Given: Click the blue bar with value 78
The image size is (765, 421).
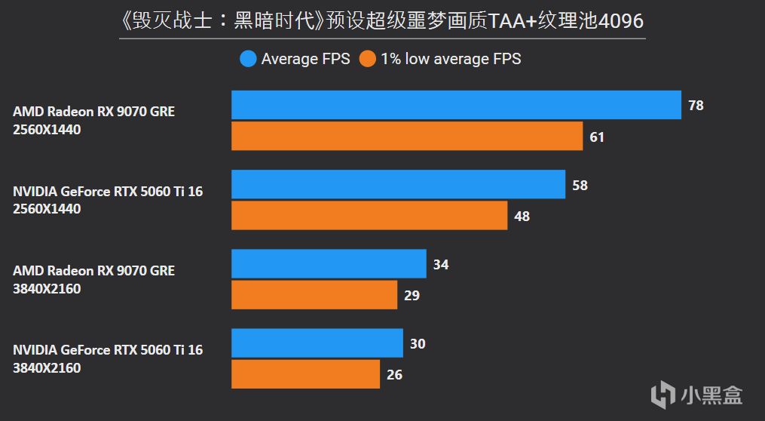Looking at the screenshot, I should coord(456,105).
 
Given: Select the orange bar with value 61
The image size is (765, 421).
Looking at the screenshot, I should coord(407,137).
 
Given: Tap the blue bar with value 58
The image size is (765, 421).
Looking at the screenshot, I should coord(398,184).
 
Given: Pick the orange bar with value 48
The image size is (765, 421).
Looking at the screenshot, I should coord(369,216).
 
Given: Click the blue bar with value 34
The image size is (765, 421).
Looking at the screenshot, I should coord(329,264).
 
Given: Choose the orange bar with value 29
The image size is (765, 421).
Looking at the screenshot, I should coord(314,295).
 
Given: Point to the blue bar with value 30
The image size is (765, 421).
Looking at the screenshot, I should coord(317,343).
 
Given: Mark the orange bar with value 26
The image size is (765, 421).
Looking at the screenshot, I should coord(305,374).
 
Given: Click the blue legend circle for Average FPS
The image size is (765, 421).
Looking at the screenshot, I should coord(248,59).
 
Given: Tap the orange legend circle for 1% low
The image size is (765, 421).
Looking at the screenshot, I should coord(367,59).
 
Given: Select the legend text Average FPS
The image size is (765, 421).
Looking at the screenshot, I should coord(305,59).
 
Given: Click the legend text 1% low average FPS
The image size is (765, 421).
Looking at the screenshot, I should coord(451,59).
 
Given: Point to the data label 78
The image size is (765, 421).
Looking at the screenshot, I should coord(696,106).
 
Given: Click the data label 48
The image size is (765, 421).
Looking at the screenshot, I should coord(522,217).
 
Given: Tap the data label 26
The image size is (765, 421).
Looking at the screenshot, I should coord(393,375).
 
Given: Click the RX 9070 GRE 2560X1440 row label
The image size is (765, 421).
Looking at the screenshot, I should coord(93,121).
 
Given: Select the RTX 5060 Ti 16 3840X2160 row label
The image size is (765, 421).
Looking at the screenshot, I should coord(108,359).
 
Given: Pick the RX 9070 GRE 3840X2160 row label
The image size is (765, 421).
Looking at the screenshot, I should coord(93,279).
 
